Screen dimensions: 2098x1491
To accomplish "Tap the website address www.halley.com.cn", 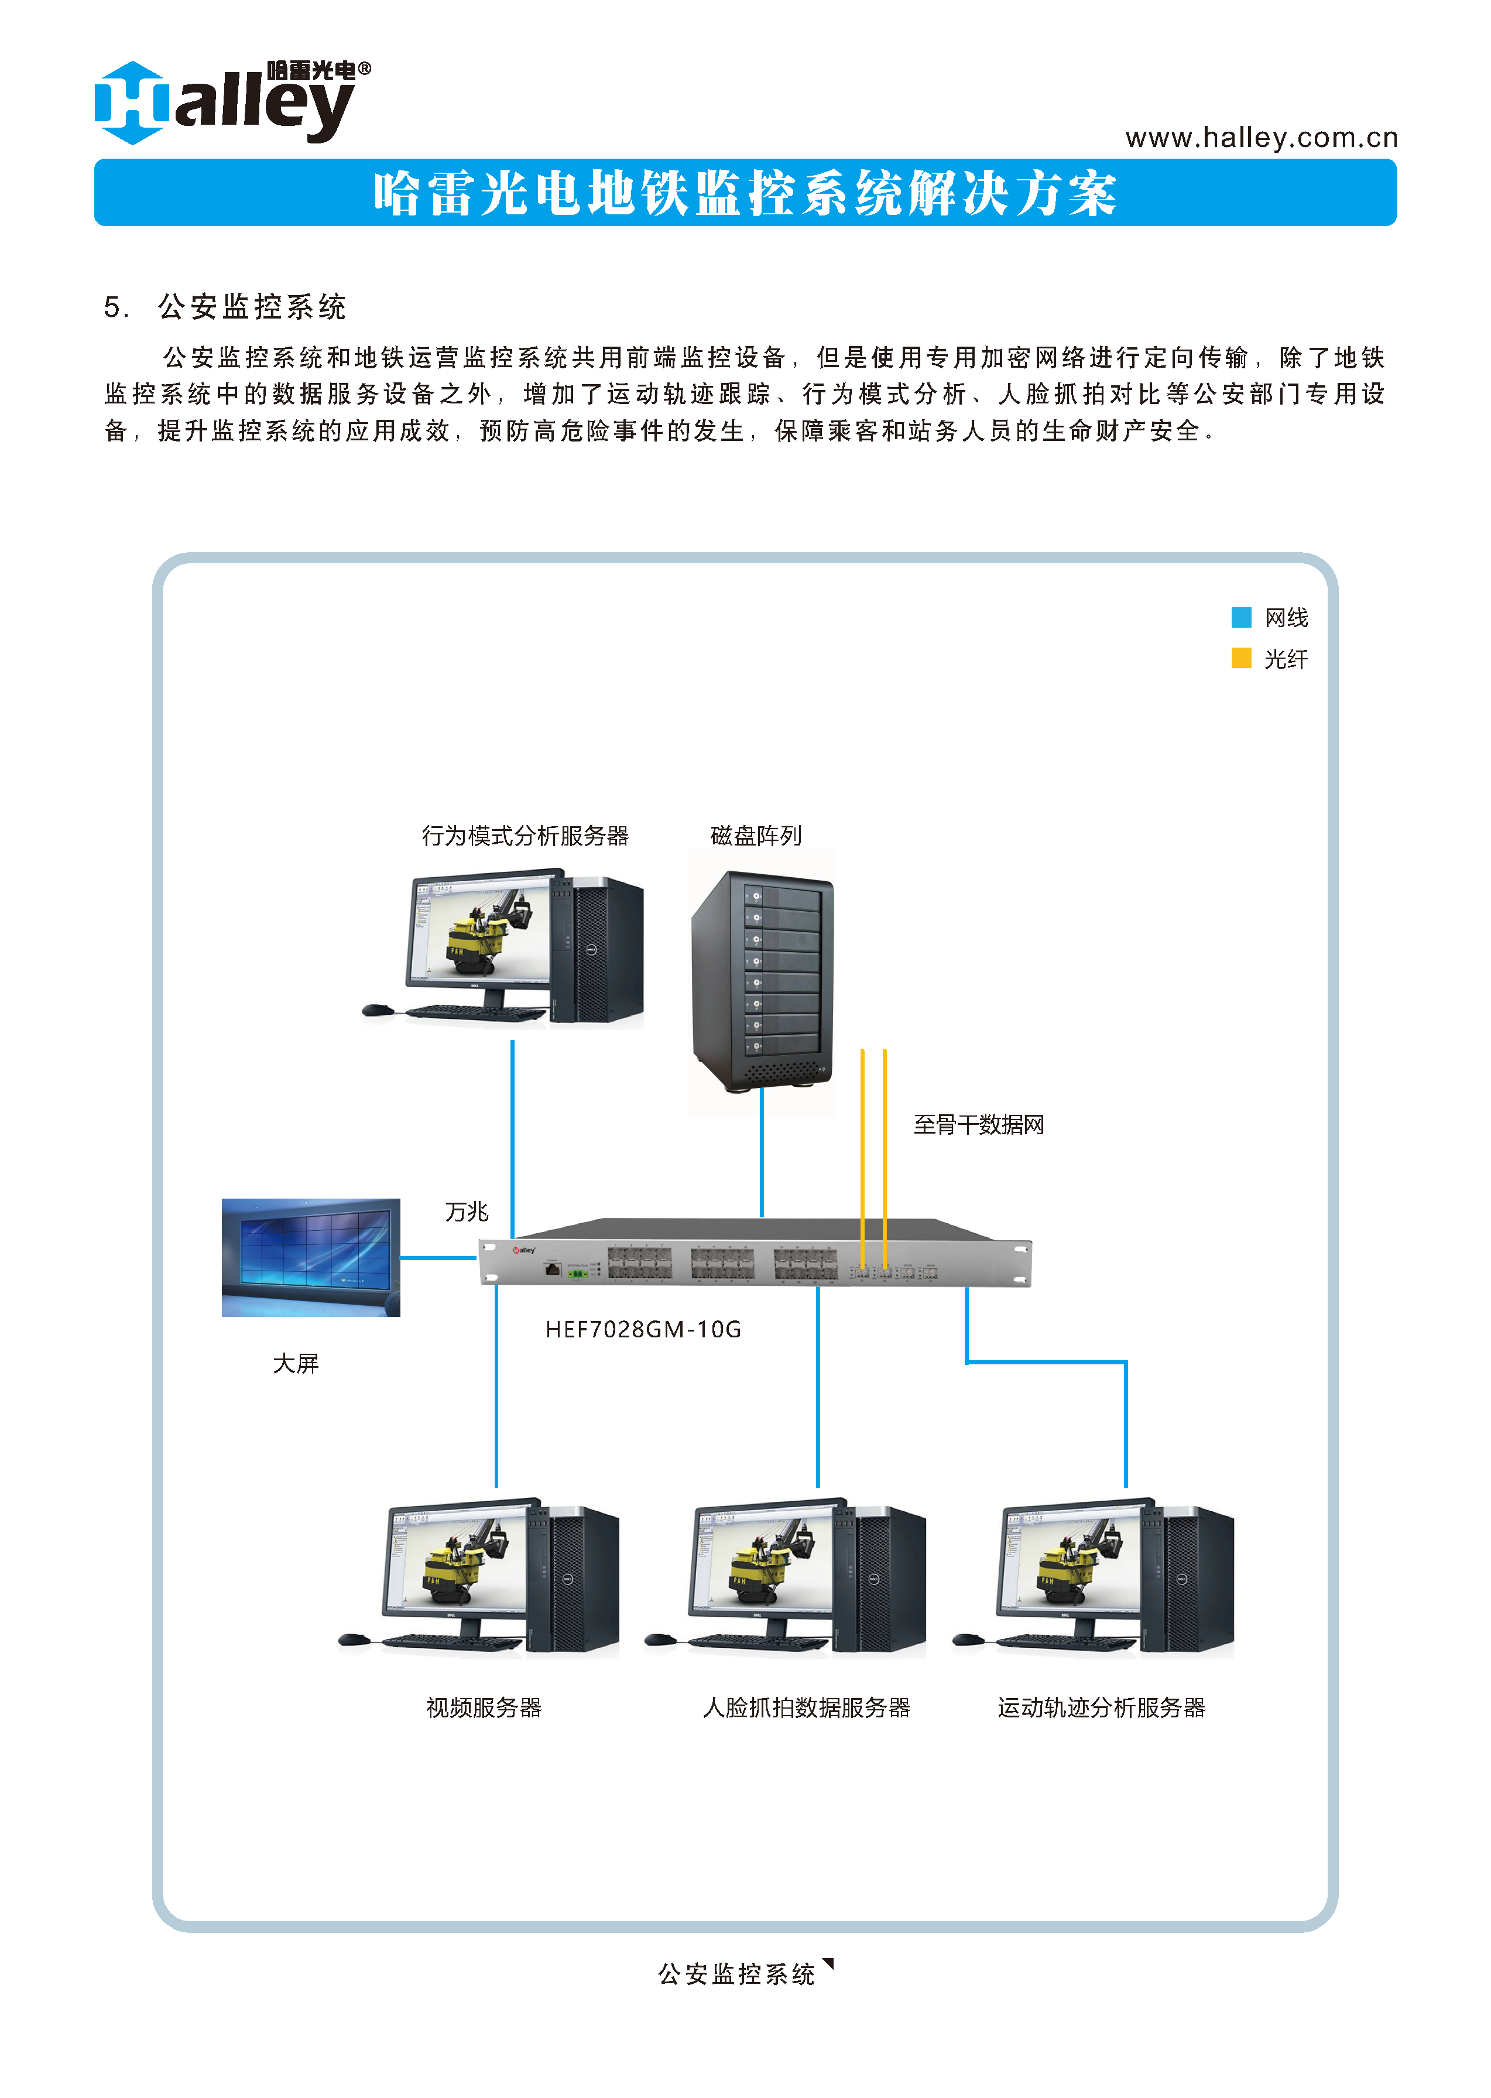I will (x=1260, y=138).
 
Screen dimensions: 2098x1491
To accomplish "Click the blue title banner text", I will (x=745, y=194).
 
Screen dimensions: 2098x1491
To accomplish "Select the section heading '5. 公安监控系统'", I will (x=225, y=307).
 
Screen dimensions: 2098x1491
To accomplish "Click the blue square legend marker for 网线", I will (x=1240, y=617).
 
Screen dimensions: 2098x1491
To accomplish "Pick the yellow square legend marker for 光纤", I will (x=1240, y=658).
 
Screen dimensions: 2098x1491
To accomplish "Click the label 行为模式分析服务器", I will (x=525, y=836).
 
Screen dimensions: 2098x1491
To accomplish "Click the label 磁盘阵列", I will (x=756, y=836).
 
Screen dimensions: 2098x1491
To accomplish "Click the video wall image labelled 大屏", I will (x=310, y=1257).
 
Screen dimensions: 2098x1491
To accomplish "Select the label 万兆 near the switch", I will (x=467, y=1212).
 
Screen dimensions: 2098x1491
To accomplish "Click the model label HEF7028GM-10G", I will (x=643, y=1330).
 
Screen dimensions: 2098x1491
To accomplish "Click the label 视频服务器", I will (x=484, y=1708).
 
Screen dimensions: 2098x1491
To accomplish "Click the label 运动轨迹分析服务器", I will (x=1101, y=1708).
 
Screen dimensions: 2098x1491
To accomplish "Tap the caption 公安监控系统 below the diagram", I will (x=736, y=1974).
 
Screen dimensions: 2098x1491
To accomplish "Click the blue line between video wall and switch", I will (x=439, y=1258).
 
